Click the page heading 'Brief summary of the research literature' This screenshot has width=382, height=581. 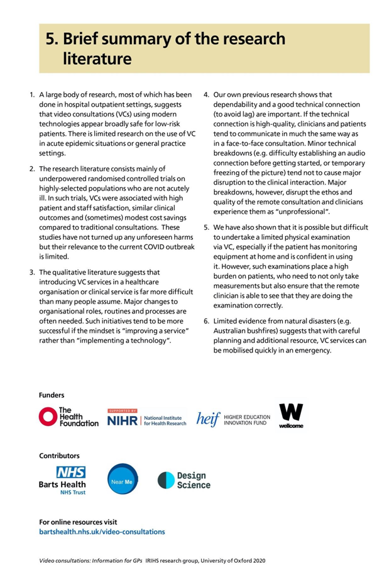click(165, 48)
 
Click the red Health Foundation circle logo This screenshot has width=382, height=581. click(48, 416)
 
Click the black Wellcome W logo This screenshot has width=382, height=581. click(292, 416)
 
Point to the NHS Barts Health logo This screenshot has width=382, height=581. click(62, 480)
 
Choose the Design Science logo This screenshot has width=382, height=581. click(183, 480)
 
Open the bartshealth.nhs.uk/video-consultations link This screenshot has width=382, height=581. click(102, 532)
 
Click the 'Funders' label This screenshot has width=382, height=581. click(52, 395)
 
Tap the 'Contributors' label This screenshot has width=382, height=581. click(60, 455)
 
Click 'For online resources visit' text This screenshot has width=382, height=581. click(78, 522)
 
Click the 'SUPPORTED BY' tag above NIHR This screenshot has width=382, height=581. click(122, 410)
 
